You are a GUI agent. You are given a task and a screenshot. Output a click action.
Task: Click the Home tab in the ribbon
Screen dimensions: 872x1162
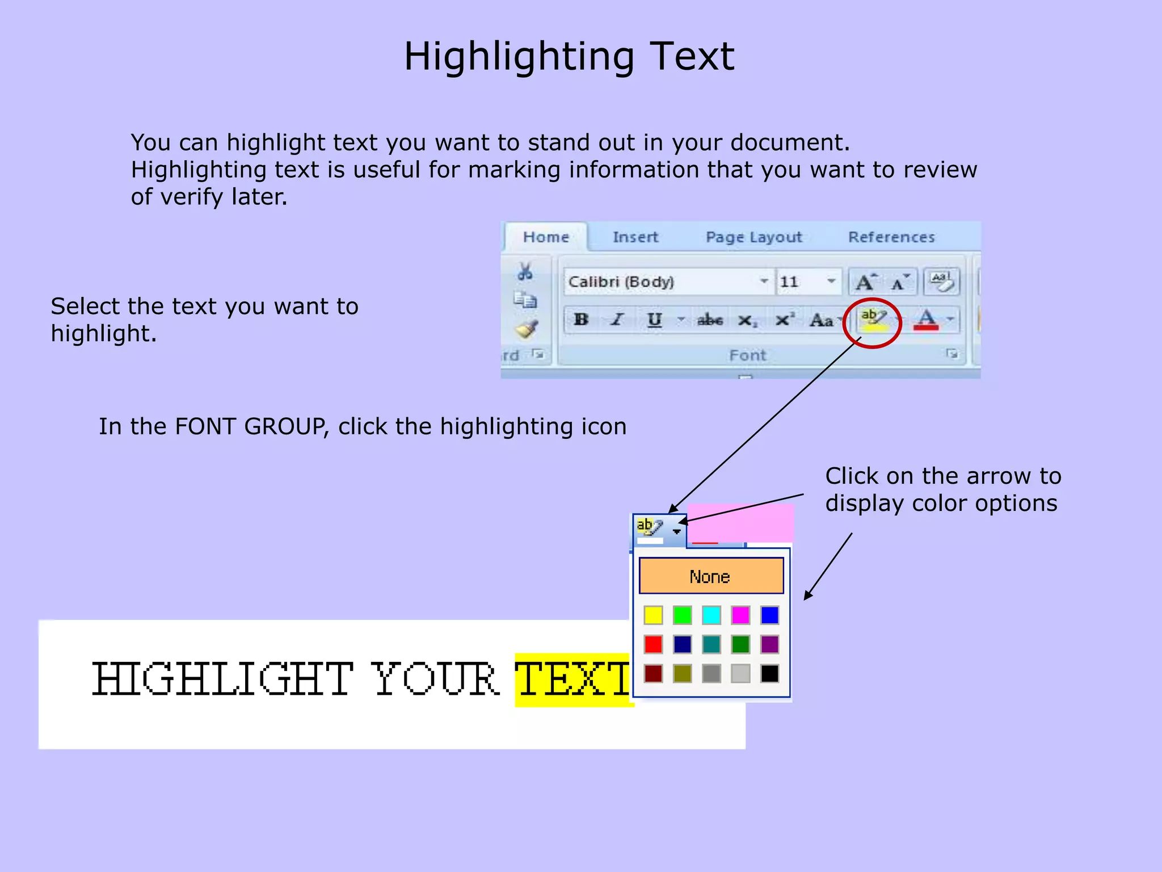(546, 237)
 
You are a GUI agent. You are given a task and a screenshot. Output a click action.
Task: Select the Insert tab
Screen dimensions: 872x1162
(635, 237)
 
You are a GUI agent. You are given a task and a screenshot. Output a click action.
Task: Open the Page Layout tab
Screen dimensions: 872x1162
(753, 237)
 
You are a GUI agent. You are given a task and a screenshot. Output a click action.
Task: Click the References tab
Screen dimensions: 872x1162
(891, 237)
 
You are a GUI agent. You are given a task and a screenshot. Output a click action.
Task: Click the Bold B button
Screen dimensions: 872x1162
(581, 320)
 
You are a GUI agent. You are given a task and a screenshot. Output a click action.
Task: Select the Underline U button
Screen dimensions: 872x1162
(655, 320)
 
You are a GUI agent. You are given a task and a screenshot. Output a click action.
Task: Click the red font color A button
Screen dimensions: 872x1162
(927, 320)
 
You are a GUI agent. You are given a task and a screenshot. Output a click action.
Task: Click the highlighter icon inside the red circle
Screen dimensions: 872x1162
(873, 320)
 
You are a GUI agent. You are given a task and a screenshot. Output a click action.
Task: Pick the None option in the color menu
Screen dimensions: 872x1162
(711, 576)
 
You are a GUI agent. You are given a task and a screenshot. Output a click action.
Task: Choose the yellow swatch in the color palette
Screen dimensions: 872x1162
(653, 615)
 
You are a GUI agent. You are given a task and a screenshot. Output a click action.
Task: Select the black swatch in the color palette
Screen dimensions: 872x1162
(770, 674)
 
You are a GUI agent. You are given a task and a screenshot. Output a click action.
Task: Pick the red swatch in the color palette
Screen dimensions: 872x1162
(653, 644)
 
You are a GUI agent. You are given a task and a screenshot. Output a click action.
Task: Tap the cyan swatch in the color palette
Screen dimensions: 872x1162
(711, 615)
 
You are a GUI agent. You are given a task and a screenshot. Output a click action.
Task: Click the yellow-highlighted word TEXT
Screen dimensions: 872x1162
(573, 680)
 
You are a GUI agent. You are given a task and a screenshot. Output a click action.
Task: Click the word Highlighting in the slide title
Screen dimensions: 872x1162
(519, 57)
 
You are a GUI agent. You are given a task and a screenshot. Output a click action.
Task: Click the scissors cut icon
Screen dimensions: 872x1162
(525, 272)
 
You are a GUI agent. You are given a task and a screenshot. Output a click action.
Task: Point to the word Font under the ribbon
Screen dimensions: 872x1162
(747, 355)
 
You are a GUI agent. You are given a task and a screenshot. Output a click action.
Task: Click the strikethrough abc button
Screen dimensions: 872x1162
(710, 320)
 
